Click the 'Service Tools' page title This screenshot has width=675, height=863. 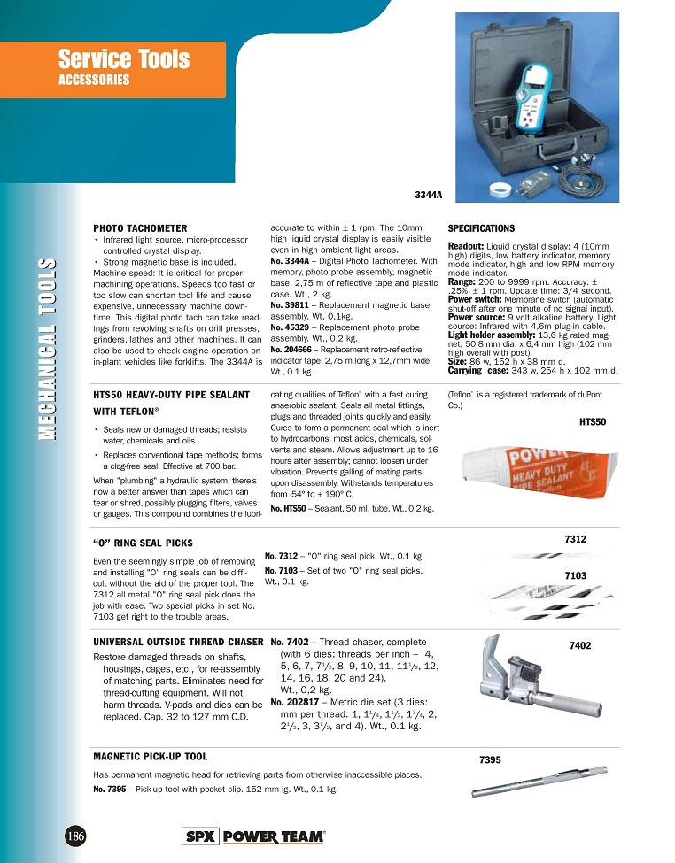coord(124,59)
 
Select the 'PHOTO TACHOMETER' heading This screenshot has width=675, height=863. coord(136,227)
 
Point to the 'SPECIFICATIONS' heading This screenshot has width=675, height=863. coord(481,227)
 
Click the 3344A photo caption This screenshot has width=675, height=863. coord(429,195)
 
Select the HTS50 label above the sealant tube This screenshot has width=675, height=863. coord(593,422)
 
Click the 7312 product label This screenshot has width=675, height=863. coord(575,539)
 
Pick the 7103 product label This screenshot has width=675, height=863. coord(575,576)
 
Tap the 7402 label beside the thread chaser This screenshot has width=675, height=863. coord(580,647)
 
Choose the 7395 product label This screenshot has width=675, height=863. coord(490,760)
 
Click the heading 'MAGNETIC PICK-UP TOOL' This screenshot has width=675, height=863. coord(151,757)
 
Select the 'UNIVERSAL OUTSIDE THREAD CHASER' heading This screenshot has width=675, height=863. coord(178,642)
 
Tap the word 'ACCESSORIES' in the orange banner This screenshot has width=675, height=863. coord(94,80)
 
